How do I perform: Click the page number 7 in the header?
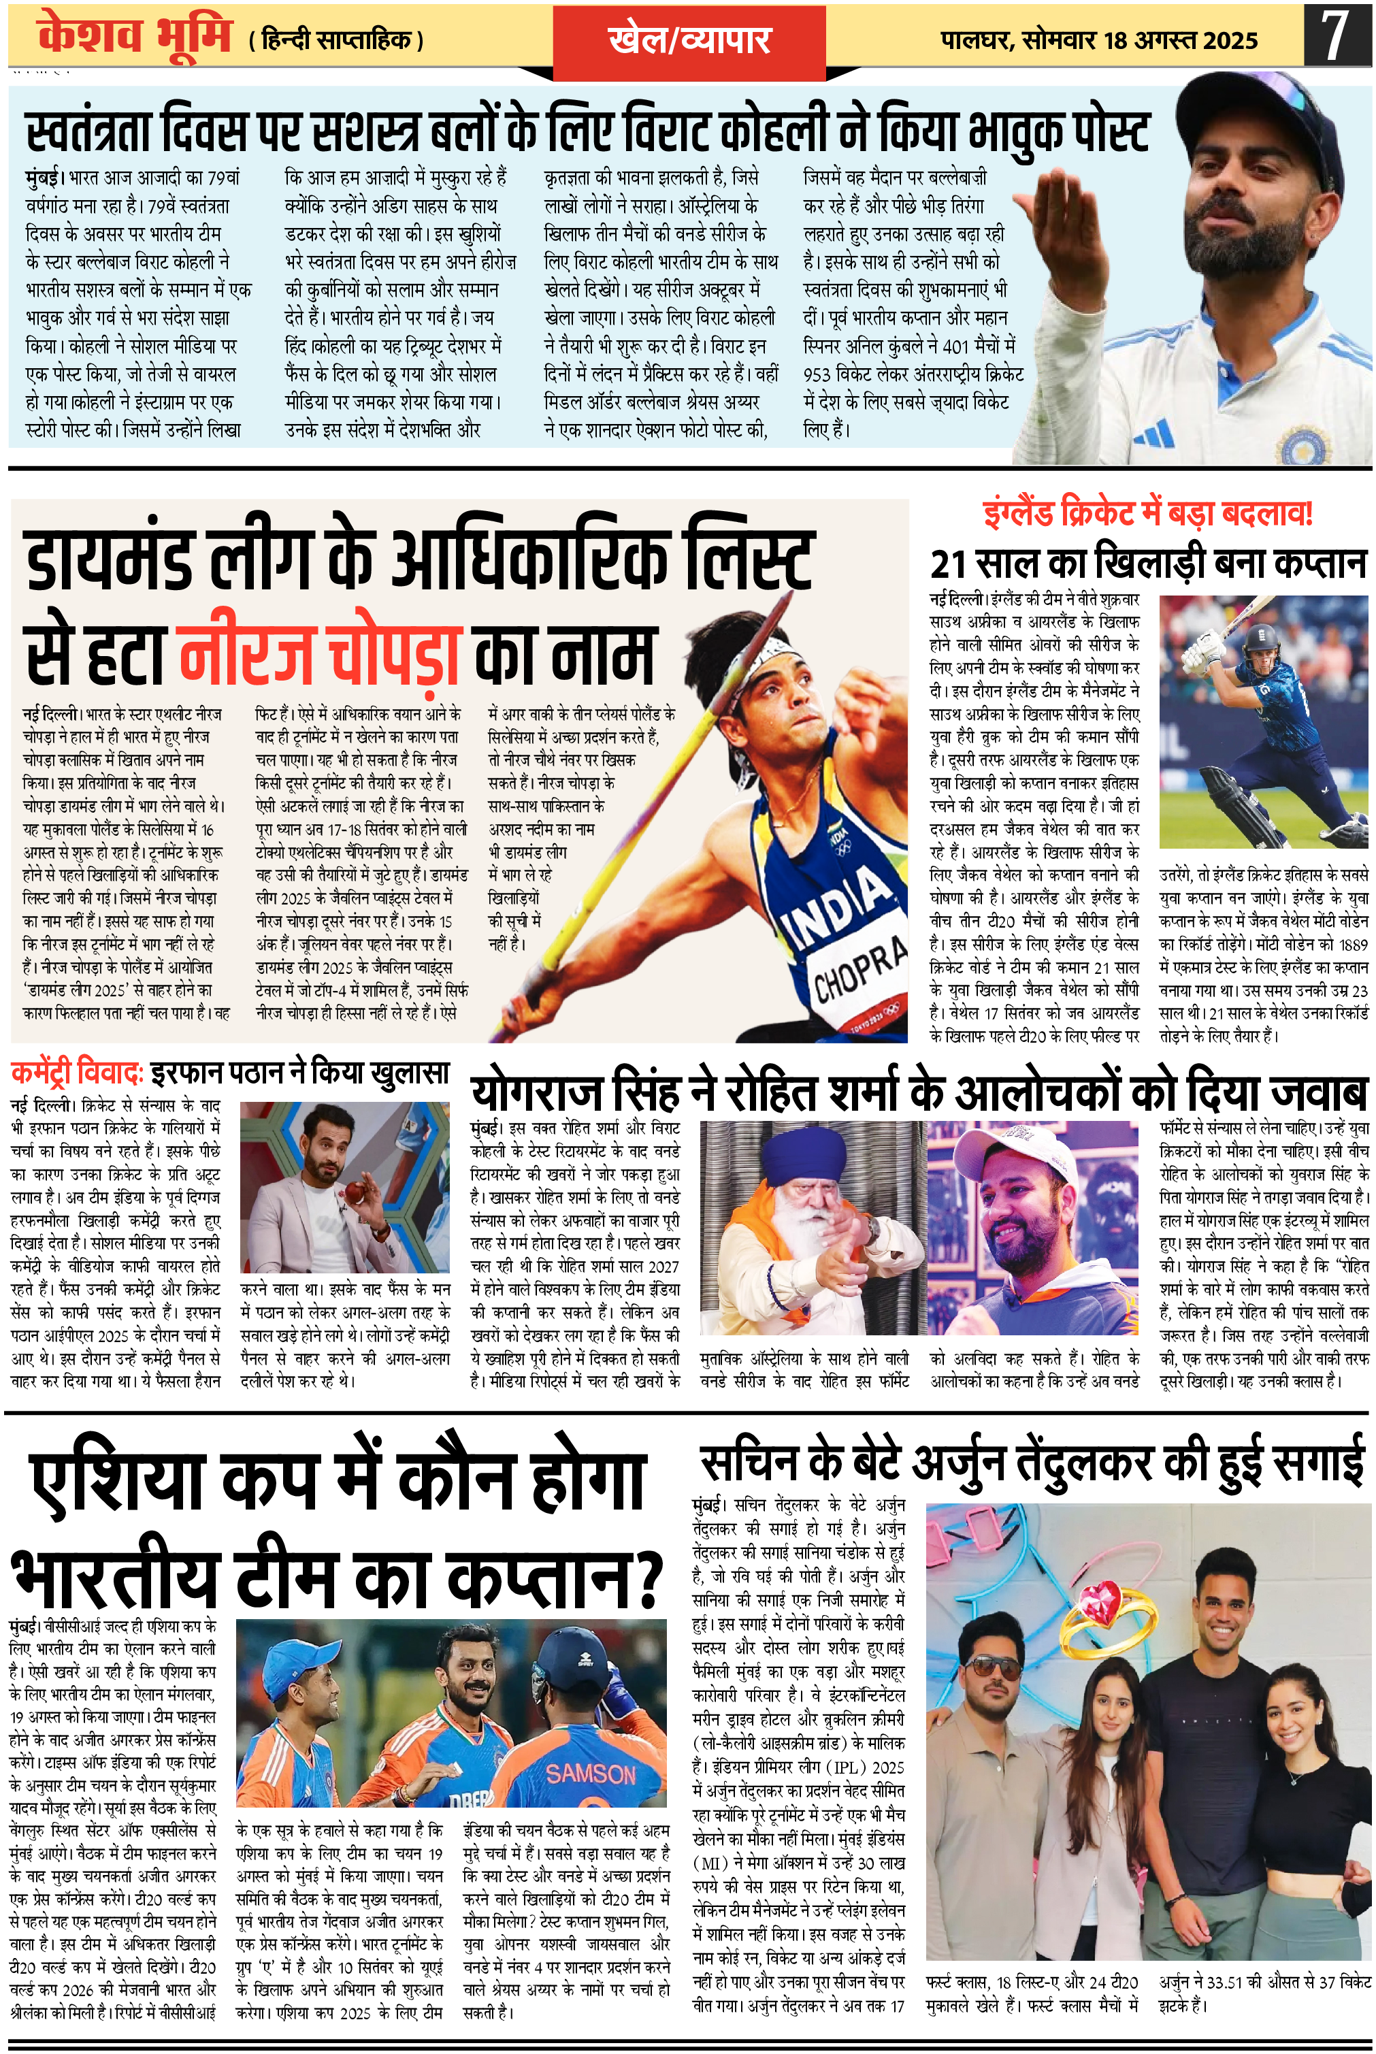1334,35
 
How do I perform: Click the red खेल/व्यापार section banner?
689,40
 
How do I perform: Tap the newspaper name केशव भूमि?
134,36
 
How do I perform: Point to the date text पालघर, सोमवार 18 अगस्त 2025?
1099,40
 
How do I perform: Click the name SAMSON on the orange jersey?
591,1774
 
